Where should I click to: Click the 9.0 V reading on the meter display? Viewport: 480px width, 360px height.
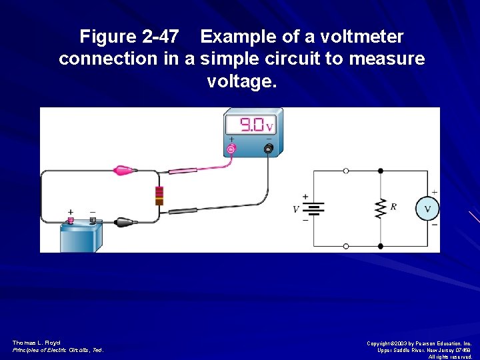click(x=255, y=125)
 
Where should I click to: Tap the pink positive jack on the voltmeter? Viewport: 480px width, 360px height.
click(x=232, y=149)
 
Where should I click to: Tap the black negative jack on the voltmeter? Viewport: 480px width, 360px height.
click(x=269, y=149)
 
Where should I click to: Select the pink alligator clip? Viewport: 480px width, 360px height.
click(x=124, y=171)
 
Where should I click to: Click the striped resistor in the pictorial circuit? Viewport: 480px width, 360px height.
click(x=159, y=195)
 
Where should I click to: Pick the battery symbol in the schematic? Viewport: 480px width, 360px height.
click(x=314, y=209)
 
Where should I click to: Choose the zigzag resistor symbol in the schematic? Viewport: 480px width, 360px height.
click(x=381, y=208)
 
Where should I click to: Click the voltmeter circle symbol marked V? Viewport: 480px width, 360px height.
click(x=427, y=209)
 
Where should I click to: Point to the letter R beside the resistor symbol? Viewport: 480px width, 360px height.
click(x=394, y=207)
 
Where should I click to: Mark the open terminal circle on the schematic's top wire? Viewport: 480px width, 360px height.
click(x=345, y=171)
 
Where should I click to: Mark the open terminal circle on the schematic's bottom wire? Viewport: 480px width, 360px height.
click(x=345, y=246)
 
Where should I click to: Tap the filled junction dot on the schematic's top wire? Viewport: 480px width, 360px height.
click(x=381, y=171)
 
